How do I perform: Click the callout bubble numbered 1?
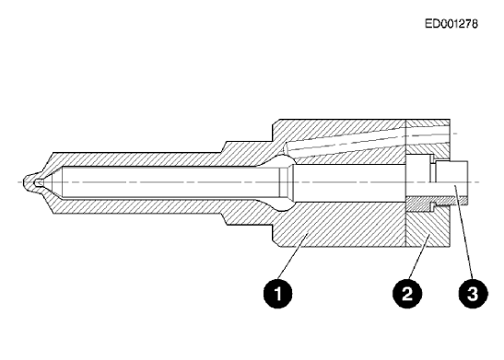[277, 294]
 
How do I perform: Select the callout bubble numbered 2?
[407, 294]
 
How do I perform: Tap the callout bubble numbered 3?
[473, 294]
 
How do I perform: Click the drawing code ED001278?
[451, 24]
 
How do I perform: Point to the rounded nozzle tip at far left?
[29, 182]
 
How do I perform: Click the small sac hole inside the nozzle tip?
[39, 182]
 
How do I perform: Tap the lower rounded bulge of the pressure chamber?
[285, 206]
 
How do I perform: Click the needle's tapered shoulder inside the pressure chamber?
[286, 182]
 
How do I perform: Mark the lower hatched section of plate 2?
[428, 228]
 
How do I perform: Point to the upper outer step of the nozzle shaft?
[226, 146]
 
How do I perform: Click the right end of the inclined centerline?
[457, 133]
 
